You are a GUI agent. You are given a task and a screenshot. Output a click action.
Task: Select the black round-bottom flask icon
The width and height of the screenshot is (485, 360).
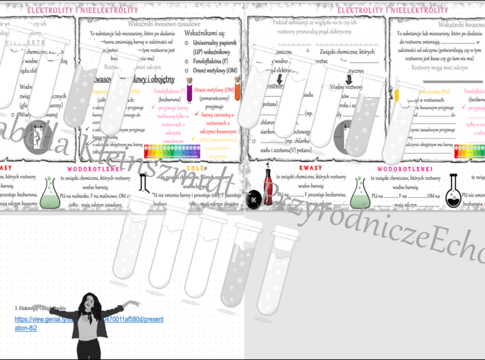click(x=454, y=190)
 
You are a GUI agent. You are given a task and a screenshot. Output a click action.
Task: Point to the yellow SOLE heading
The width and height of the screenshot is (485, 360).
click(x=196, y=168)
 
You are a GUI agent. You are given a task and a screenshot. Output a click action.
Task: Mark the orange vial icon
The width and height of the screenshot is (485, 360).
click(x=237, y=89)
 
